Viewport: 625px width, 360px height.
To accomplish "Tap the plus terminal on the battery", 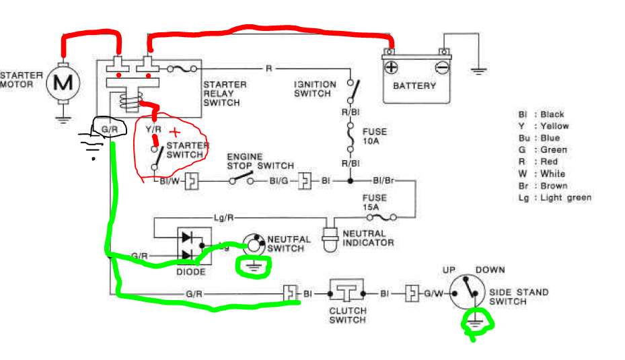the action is pyautogui.click(x=391, y=67).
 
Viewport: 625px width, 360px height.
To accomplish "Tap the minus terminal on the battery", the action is pyautogui.click(x=441, y=67).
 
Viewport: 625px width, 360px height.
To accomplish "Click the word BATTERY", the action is pyautogui.click(x=414, y=85).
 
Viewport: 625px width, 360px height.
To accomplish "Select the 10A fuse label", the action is pyautogui.click(x=374, y=137).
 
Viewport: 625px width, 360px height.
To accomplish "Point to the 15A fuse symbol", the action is pyautogui.click(x=381, y=217).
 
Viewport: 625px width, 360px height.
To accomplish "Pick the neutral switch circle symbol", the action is pyautogui.click(x=254, y=244).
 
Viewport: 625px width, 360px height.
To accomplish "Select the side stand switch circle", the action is pyautogui.click(x=467, y=292).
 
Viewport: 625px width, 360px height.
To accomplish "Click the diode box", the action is pyautogui.click(x=194, y=246).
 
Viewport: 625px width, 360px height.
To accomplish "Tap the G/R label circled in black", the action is pyautogui.click(x=109, y=130).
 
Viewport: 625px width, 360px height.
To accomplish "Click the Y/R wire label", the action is pyautogui.click(x=153, y=130).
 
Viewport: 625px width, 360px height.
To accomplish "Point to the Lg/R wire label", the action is pyautogui.click(x=223, y=217).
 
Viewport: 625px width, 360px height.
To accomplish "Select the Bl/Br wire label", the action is pyautogui.click(x=383, y=180).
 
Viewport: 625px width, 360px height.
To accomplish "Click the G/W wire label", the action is pyautogui.click(x=433, y=294).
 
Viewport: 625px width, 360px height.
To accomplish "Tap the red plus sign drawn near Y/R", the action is pyautogui.click(x=175, y=132).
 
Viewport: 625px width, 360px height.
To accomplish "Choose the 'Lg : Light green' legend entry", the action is pyautogui.click(x=555, y=198).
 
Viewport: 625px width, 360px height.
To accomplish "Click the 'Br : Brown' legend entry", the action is pyautogui.click(x=543, y=186).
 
